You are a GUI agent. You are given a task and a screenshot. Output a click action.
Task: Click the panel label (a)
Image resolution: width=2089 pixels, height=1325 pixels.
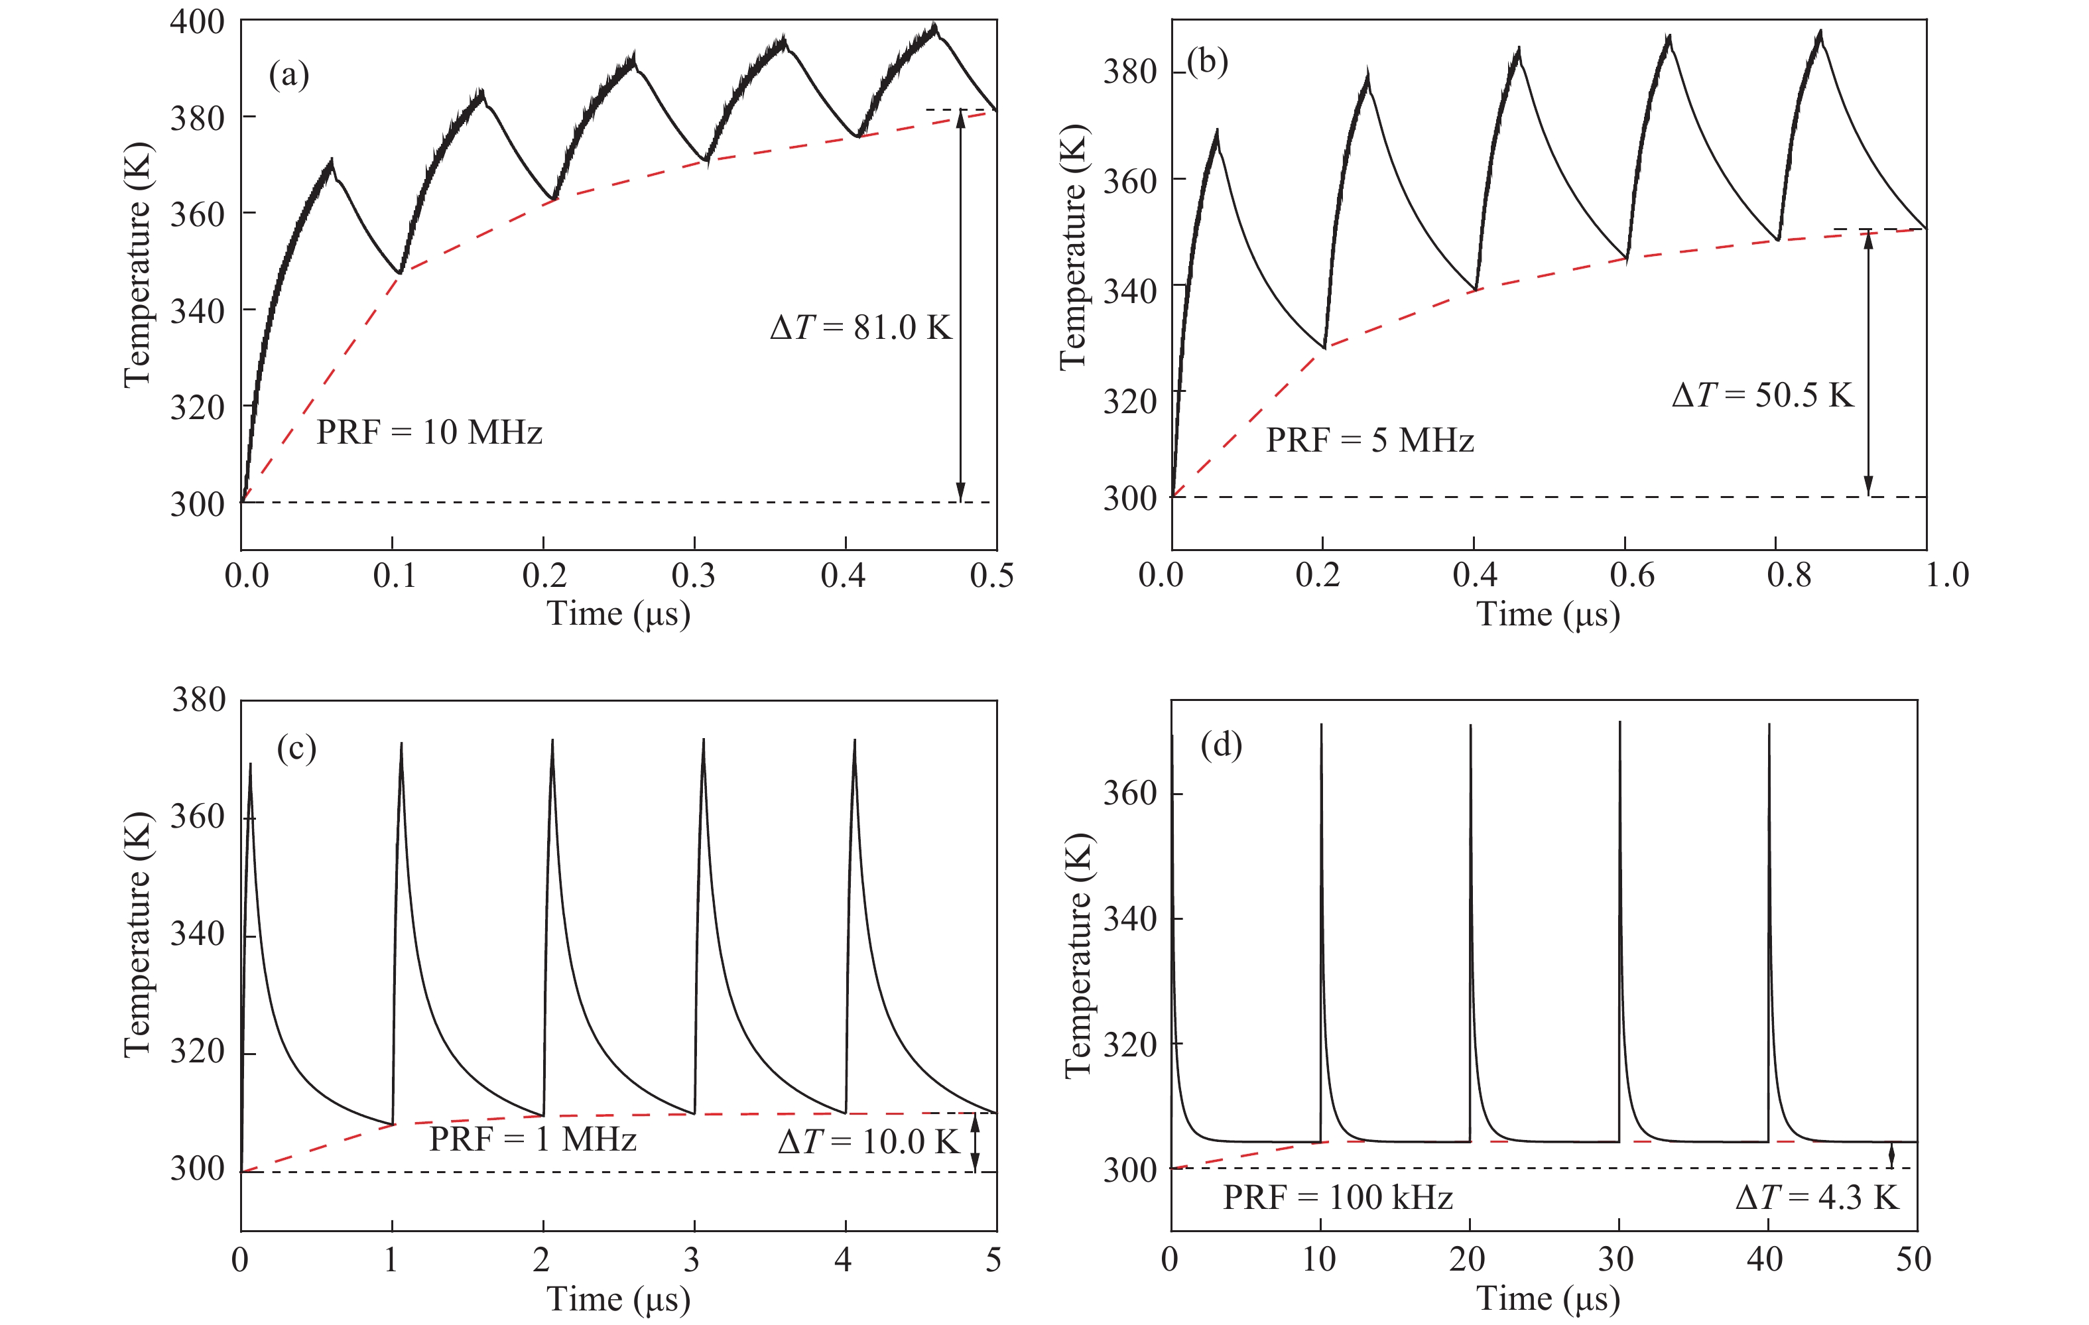click(x=289, y=76)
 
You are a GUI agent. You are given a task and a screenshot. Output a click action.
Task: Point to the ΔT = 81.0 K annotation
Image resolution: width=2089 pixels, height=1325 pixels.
click(x=861, y=327)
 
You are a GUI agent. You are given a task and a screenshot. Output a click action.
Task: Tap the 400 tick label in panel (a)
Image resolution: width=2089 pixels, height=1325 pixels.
click(x=197, y=22)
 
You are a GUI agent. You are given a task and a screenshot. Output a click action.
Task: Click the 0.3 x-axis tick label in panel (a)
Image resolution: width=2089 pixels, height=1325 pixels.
click(x=693, y=576)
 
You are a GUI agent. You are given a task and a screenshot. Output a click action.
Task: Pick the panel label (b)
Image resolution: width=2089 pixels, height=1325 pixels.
click(x=1208, y=62)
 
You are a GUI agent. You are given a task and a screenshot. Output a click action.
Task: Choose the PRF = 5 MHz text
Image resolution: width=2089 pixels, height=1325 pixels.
click(x=1370, y=440)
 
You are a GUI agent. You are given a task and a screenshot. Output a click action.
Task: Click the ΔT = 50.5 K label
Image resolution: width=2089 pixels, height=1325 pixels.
click(x=1763, y=395)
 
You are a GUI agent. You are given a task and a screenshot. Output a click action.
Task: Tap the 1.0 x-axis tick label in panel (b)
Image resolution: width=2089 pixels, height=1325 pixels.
click(x=1946, y=576)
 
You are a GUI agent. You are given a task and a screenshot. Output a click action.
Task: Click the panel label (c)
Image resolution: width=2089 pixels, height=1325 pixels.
click(x=296, y=748)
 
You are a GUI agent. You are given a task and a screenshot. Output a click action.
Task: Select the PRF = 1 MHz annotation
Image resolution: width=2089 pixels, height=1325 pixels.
click(x=533, y=1139)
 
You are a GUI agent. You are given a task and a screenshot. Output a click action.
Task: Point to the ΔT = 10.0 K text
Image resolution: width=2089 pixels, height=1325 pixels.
click(x=868, y=1142)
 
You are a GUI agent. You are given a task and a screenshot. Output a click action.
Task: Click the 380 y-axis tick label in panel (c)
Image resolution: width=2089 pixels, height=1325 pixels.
click(x=199, y=700)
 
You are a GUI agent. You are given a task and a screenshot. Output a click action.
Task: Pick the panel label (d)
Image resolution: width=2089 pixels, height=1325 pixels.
click(x=1221, y=745)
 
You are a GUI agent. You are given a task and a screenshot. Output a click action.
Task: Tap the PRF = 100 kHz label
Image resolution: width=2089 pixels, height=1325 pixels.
click(x=1338, y=1198)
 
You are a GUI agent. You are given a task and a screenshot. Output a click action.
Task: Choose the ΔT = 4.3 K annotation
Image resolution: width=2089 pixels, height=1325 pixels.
click(x=1816, y=1198)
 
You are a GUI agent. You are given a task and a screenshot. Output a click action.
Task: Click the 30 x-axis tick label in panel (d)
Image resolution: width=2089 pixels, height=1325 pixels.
click(x=1615, y=1259)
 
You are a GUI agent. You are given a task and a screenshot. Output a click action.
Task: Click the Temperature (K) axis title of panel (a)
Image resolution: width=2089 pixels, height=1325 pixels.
click(x=137, y=265)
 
